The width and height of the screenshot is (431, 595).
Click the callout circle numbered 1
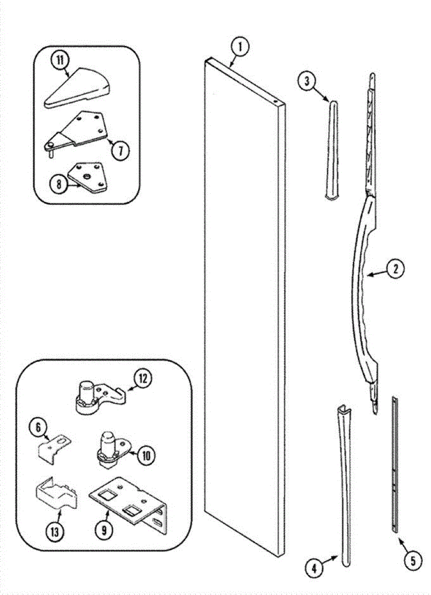pyautogui.click(x=240, y=48)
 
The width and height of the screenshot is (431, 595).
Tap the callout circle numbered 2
pyautogui.click(x=396, y=269)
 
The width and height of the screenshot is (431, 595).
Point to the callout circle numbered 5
pyautogui.click(x=412, y=561)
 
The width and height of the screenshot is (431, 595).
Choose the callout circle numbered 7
pyautogui.click(x=120, y=150)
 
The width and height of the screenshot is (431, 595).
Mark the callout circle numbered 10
pyautogui.click(x=145, y=455)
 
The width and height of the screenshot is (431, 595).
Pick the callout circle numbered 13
pyautogui.click(x=55, y=532)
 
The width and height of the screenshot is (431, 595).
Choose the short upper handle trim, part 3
pyautogui.click(x=332, y=149)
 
